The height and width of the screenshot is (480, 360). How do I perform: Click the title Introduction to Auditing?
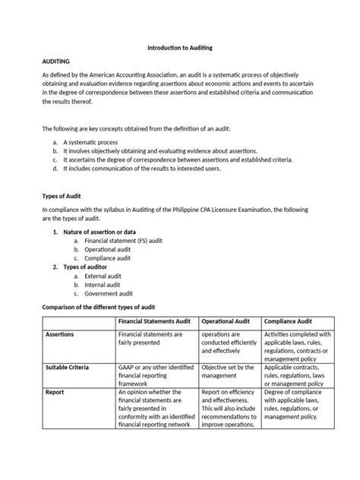(x=179, y=48)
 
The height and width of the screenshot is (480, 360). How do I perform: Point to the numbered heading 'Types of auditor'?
(x=84, y=267)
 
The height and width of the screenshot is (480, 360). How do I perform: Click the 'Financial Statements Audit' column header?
(x=156, y=321)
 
